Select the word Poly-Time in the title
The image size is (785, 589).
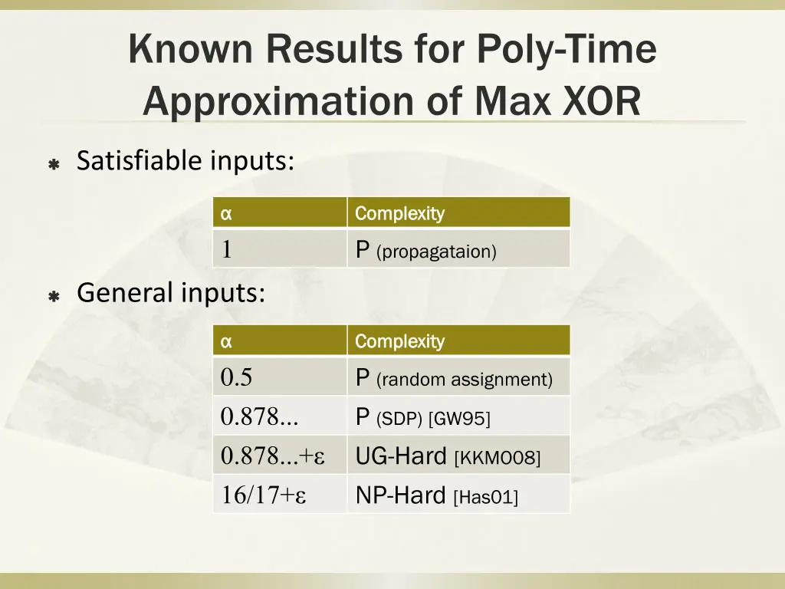point(567,51)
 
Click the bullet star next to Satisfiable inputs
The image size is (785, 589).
point(54,164)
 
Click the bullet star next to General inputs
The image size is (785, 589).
point(54,295)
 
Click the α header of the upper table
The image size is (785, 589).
point(226,214)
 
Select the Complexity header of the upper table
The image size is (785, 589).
point(399,213)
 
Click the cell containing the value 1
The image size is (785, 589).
point(227,250)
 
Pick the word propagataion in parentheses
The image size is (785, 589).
point(437,252)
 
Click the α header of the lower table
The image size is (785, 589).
point(226,342)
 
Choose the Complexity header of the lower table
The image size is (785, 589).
point(399,341)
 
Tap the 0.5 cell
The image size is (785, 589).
point(236,378)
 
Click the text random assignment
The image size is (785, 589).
point(464,380)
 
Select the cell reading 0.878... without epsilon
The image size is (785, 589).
point(259,417)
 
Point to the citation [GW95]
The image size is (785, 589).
point(459,419)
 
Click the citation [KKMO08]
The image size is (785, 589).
point(498,458)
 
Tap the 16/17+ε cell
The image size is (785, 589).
point(264,496)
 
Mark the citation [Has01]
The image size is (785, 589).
point(486,497)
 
